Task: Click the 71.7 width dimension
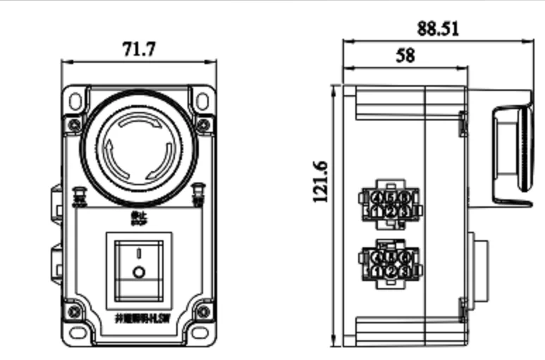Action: (x=139, y=49)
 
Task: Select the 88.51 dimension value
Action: (x=438, y=28)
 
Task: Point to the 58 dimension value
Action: (x=405, y=56)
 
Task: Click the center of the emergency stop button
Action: (x=139, y=147)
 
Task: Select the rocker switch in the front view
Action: (x=139, y=266)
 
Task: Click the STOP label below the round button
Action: (x=139, y=218)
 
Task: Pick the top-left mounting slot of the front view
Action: (x=75, y=101)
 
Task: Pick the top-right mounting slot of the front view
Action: (x=202, y=101)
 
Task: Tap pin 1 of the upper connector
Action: (x=378, y=211)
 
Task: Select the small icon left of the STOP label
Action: (x=80, y=194)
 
